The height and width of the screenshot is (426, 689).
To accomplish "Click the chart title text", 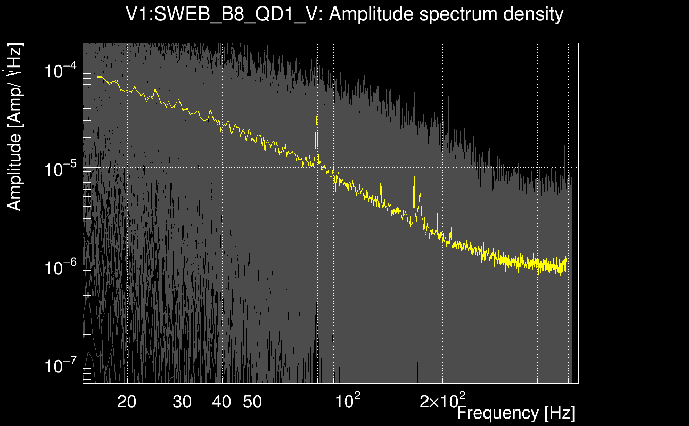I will [344, 14].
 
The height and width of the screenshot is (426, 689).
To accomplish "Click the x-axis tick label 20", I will [127, 402].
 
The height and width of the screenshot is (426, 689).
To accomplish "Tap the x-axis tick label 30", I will [182, 402].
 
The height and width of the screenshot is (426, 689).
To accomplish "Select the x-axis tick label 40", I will [222, 402].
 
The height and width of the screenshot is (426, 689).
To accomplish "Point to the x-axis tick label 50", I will [252, 402].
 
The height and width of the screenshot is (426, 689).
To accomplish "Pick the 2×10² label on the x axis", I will [442, 400].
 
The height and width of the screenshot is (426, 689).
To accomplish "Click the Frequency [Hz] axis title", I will [515, 413].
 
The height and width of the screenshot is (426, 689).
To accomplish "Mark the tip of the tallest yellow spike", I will [317, 117].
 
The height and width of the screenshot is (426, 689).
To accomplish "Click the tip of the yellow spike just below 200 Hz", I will [414, 174].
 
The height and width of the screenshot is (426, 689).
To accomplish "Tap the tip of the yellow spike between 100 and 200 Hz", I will [381, 176].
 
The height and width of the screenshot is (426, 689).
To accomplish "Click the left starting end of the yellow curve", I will [97, 77].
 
